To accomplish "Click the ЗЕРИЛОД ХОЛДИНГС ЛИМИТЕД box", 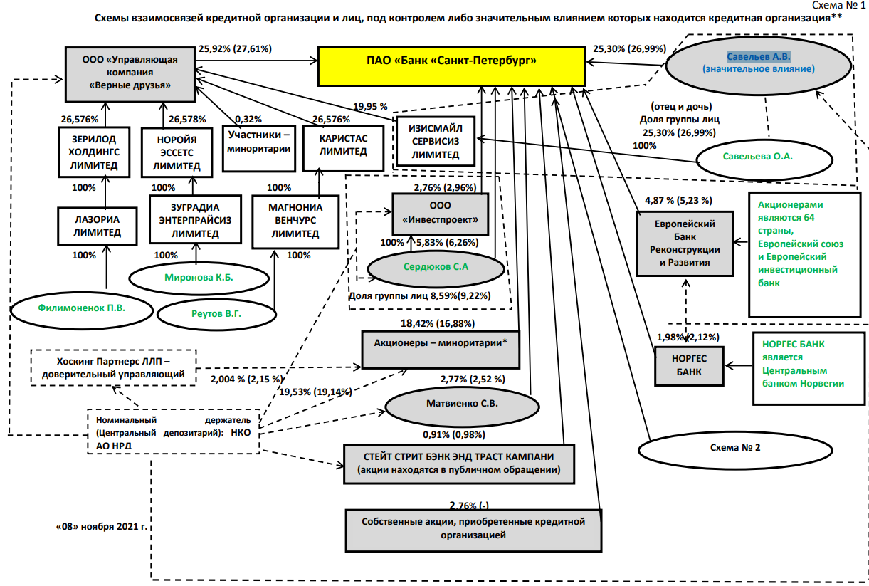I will (88, 151).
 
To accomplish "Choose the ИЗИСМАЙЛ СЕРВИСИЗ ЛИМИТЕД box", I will (436, 142).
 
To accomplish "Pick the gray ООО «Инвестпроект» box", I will (440, 214).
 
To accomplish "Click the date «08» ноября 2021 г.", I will (102, 528).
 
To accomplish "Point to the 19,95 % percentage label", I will (370, 107).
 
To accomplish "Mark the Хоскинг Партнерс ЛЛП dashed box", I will (112, 367).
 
